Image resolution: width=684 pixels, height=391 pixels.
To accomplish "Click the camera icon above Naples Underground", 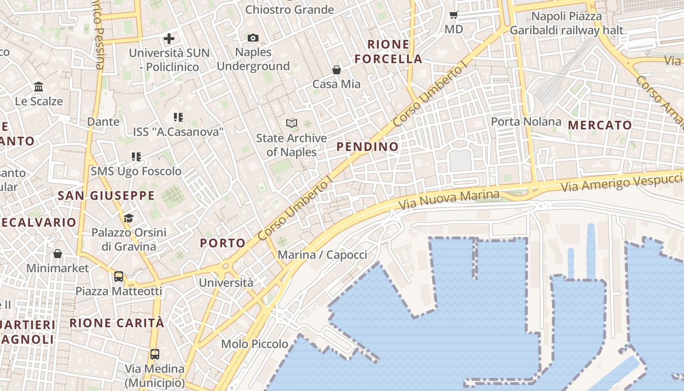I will click(x=253, y=38).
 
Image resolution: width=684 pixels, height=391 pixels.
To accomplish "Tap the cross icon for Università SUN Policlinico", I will click(x=169, y=38).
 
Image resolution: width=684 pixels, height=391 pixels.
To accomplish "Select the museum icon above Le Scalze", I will click(x=39, y=87).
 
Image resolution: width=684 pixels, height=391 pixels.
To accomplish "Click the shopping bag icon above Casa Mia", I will click(x=336, y=69).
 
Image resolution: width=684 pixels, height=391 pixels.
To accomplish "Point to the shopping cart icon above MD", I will click(x=453, y=15).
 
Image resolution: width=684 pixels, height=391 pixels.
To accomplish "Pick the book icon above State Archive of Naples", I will click(x=292, y=124).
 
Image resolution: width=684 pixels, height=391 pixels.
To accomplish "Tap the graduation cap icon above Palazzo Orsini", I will click(x=128, y=218).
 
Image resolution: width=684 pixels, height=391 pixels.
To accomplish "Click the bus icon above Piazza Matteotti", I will click(x=119, y=277).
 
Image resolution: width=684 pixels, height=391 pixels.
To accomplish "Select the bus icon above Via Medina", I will click(x=155, y=354).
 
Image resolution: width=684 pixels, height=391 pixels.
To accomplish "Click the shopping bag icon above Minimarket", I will click(x=58, y=254).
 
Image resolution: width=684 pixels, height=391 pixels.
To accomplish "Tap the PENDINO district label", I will click(x=367, y=147).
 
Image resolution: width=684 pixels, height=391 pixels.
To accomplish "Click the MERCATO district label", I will click(x=600, y=125).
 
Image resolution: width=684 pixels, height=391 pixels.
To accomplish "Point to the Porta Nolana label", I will click(x=526, y=121).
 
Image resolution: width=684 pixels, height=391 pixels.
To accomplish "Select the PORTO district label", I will click(x=223, y=243).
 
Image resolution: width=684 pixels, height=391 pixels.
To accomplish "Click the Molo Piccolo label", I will click(x=255, y=344).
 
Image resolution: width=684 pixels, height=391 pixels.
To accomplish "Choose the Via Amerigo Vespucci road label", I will click(x=621, y=182).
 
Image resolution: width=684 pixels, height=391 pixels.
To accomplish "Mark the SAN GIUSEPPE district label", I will click(x=106, y=196).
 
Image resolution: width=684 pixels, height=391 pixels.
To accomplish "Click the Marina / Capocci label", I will click(x=322, y=255).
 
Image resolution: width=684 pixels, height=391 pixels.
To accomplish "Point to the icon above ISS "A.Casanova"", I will click(x=178, y=117).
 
